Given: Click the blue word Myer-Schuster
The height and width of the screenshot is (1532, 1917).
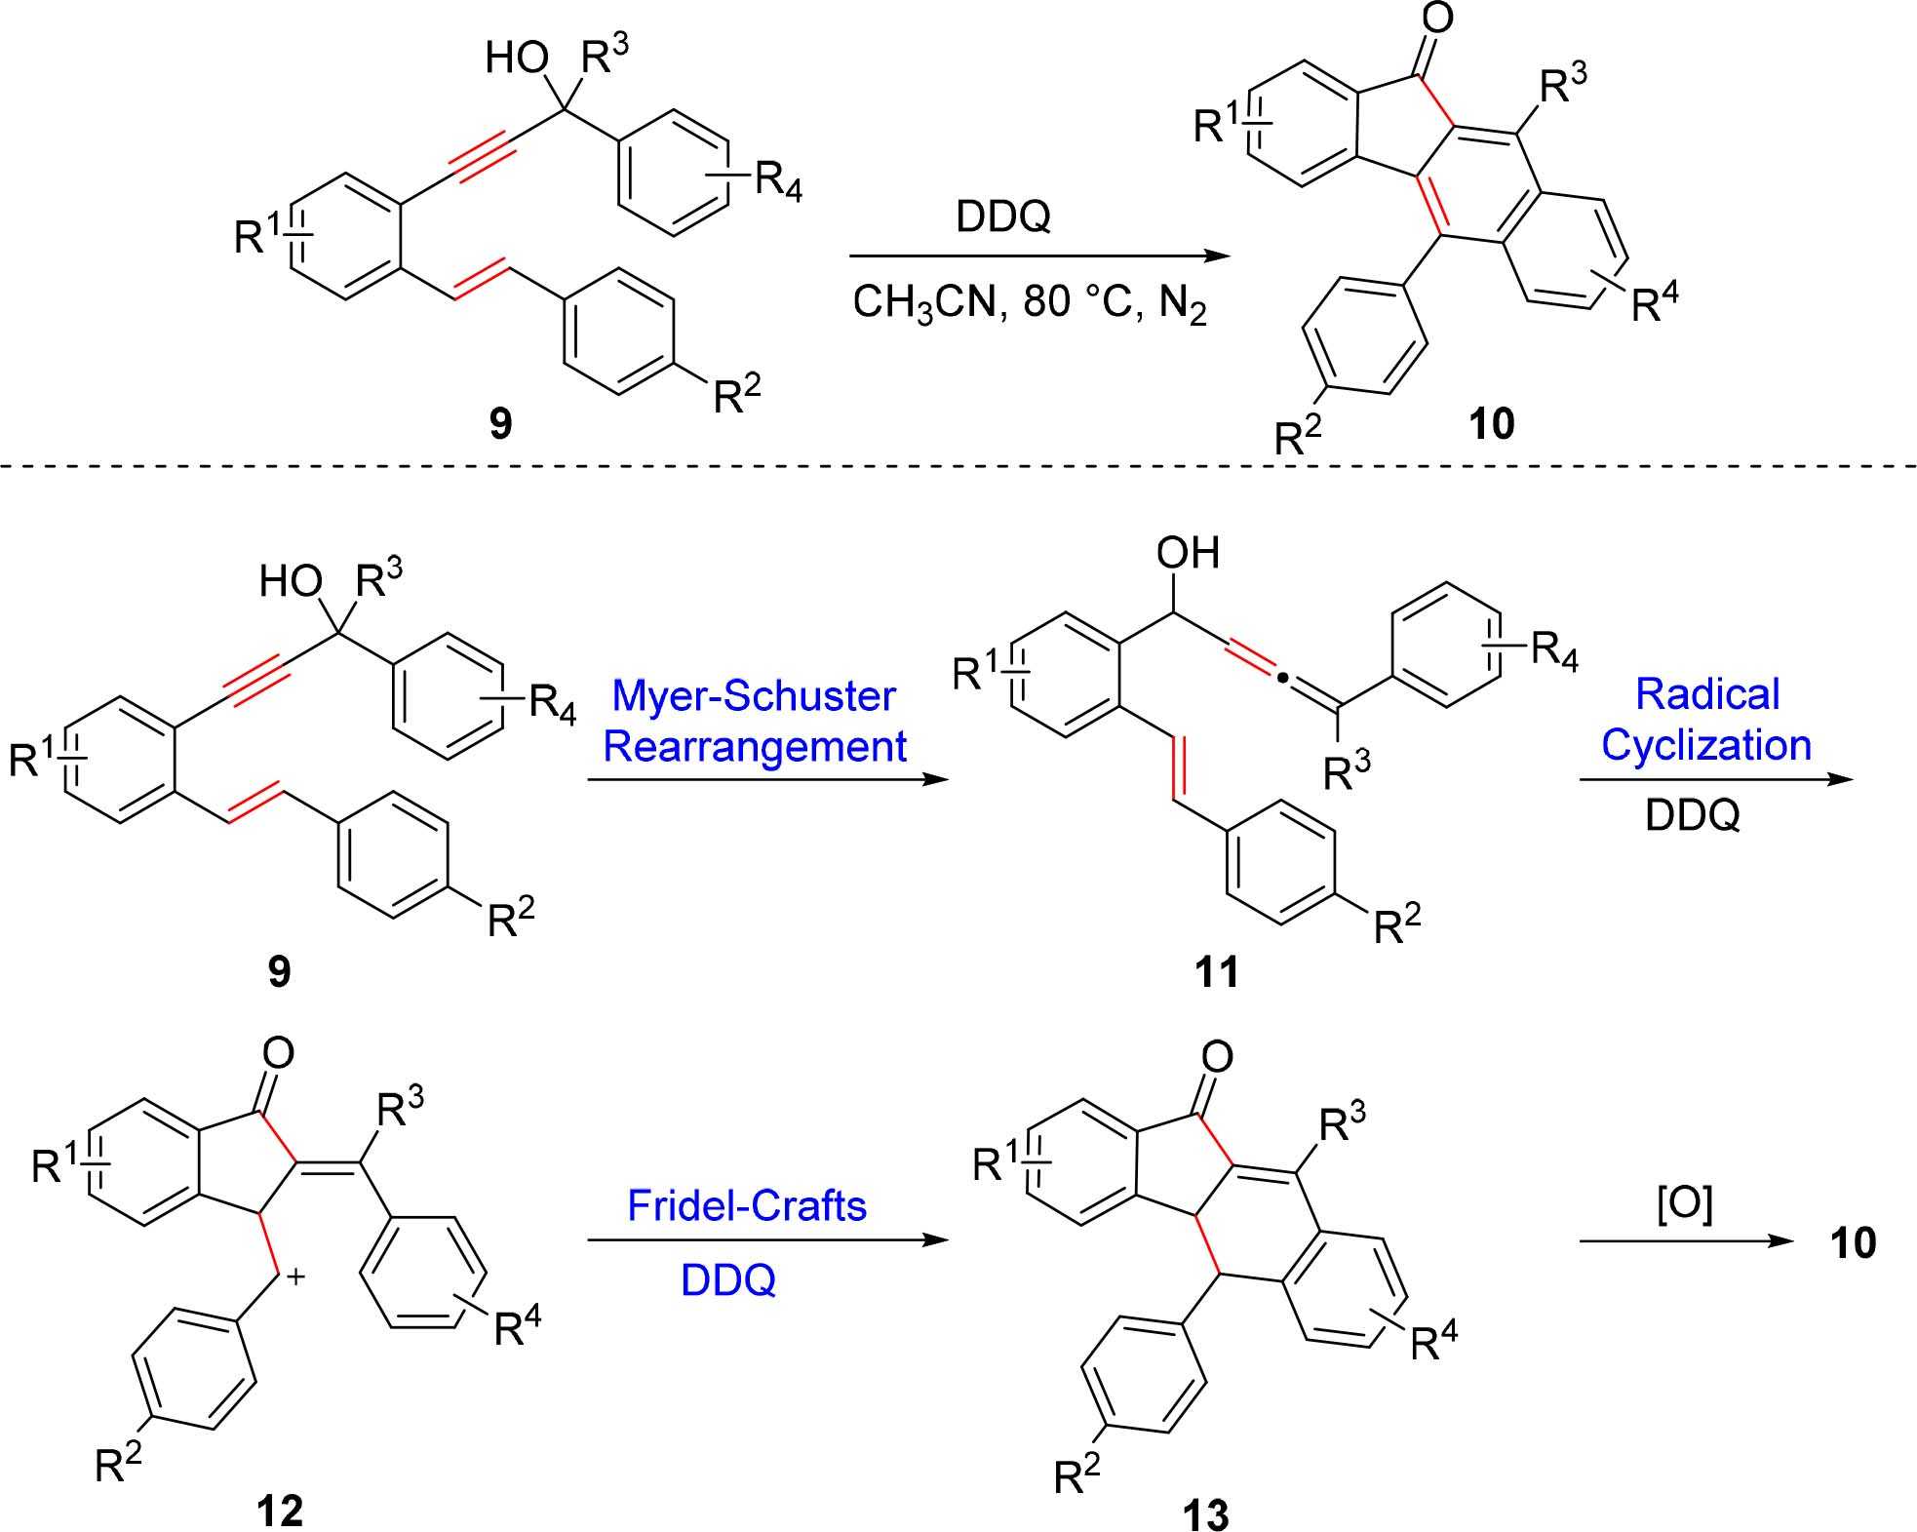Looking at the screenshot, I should (754, 696).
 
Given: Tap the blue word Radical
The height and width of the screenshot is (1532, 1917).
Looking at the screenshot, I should (1707, 694).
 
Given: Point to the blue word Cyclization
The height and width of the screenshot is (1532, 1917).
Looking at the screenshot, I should (1706, 745).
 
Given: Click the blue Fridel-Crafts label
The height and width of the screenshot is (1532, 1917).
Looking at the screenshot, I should (747, 1206).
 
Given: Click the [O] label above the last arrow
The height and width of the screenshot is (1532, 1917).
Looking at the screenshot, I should (1684, 1206).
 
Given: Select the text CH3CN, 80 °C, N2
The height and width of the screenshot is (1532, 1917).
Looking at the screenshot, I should (1030, 303).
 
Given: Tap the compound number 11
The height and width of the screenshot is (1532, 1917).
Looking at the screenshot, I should (1217, 971).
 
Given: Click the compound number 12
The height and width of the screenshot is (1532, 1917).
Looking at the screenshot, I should (280, 1510).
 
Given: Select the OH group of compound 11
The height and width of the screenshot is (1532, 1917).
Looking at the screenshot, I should (1188, 554).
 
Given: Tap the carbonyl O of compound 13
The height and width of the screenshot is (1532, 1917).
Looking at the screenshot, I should (1218, 1056).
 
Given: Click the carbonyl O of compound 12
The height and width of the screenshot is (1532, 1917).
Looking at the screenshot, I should (279, 1052).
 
